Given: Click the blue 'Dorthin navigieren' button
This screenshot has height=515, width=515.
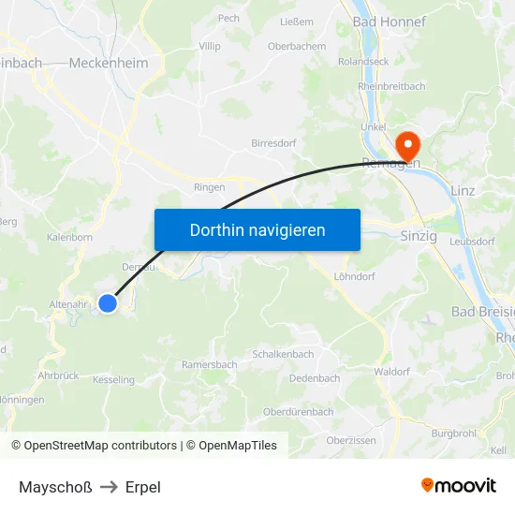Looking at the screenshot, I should click(x=257, y=229).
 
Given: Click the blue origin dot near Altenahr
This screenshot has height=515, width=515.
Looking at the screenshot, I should click(x=108, y=302).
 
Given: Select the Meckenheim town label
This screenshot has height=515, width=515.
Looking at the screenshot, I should click(x=109, y=63).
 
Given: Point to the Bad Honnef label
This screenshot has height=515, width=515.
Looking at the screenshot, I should click(x=389, y=21).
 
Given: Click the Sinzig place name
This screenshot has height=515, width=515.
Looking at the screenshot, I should click(x=419, y=236).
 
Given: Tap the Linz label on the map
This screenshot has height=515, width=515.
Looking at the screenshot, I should click(x=463, y=190).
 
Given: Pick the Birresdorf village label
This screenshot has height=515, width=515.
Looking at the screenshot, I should click(x=274, y=143).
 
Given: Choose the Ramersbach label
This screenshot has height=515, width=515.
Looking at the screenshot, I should click(x=209, y=364).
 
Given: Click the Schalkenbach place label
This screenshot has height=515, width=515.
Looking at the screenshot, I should click(x=283, y=354).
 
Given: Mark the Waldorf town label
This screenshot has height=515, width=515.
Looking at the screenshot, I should click(x=391, y=372).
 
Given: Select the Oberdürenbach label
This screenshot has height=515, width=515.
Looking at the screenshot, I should click(x=298, y=411).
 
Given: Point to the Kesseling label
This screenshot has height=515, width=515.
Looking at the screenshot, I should click(x=113, y=380).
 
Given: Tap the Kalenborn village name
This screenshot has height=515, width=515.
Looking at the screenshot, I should click(x=69, y=237).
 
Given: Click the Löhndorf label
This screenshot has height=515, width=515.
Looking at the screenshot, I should click(x=354, y=276).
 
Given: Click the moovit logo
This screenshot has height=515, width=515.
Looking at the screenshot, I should click(x=458, y=485).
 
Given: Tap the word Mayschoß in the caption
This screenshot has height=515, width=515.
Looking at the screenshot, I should click(x=55, y=487).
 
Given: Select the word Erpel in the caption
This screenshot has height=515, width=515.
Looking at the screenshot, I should click(x=142, y=487).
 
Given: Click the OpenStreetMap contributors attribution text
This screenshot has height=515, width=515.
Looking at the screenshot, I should click(x=100, y=446).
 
